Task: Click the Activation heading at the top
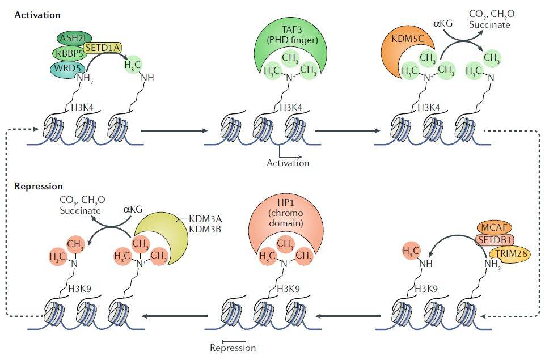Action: pos(37,14)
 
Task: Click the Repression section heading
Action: pos(39,186)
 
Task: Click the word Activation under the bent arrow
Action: pos(288,163)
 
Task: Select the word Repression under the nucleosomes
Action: pos(233,348)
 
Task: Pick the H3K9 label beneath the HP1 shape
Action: pos(288,289)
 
